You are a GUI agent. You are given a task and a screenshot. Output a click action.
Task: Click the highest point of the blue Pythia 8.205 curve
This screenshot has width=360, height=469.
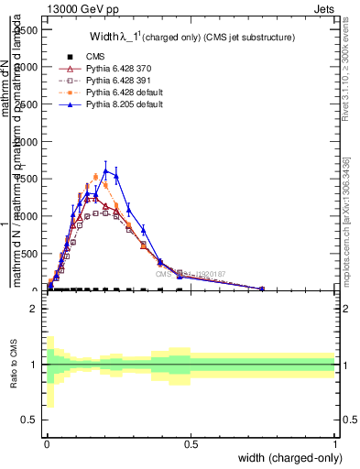click(106, 170)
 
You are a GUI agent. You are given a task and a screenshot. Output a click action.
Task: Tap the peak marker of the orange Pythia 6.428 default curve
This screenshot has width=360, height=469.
click(95, 177)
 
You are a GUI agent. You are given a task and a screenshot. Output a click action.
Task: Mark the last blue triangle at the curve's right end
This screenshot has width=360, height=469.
click(262, 289)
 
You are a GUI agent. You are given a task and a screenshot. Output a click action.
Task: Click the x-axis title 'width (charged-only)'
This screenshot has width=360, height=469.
click(289, 458)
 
